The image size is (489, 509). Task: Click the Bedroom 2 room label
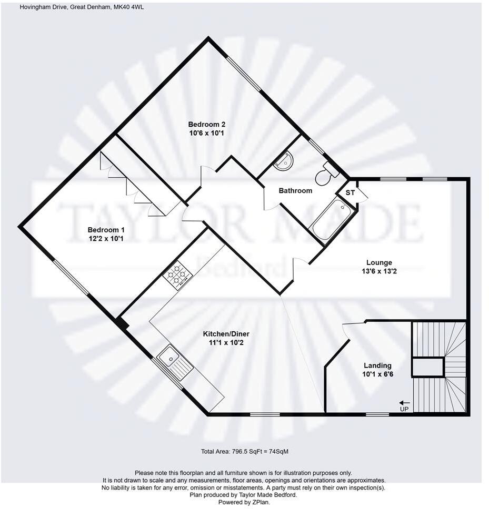coord(207,124)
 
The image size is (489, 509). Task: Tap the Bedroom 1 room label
coord(106,230)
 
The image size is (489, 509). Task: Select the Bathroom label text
coord(295,191)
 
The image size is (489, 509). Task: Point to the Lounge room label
coord(379,262)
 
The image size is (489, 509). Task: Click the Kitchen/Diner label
coord(226,334)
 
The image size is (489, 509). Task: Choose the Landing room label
coord(377,365)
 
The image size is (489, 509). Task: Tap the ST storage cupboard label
coord(350,193)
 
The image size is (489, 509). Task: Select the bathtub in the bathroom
coord(332,220)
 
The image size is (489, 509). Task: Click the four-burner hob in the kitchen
coord(178,276)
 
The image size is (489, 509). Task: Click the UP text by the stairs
coord(404,409)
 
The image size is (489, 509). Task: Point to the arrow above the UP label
coord(404,402)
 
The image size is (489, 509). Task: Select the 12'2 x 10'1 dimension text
coord(106,239)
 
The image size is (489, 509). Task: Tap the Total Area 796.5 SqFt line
coord(244,452)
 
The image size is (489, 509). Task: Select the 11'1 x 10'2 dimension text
coord(226,343)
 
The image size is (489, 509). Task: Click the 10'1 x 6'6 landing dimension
coord(377,375)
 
